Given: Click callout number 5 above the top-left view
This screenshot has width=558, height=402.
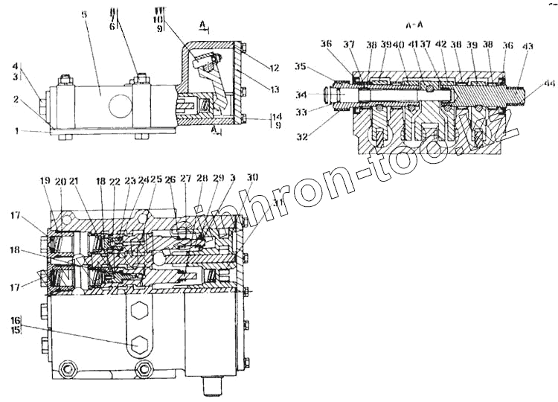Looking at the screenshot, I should [85, 15].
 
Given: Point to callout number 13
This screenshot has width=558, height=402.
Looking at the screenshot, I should [275, 89].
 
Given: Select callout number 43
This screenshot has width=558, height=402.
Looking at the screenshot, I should [528, 47].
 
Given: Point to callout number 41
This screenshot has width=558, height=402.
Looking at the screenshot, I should [414, 45].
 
